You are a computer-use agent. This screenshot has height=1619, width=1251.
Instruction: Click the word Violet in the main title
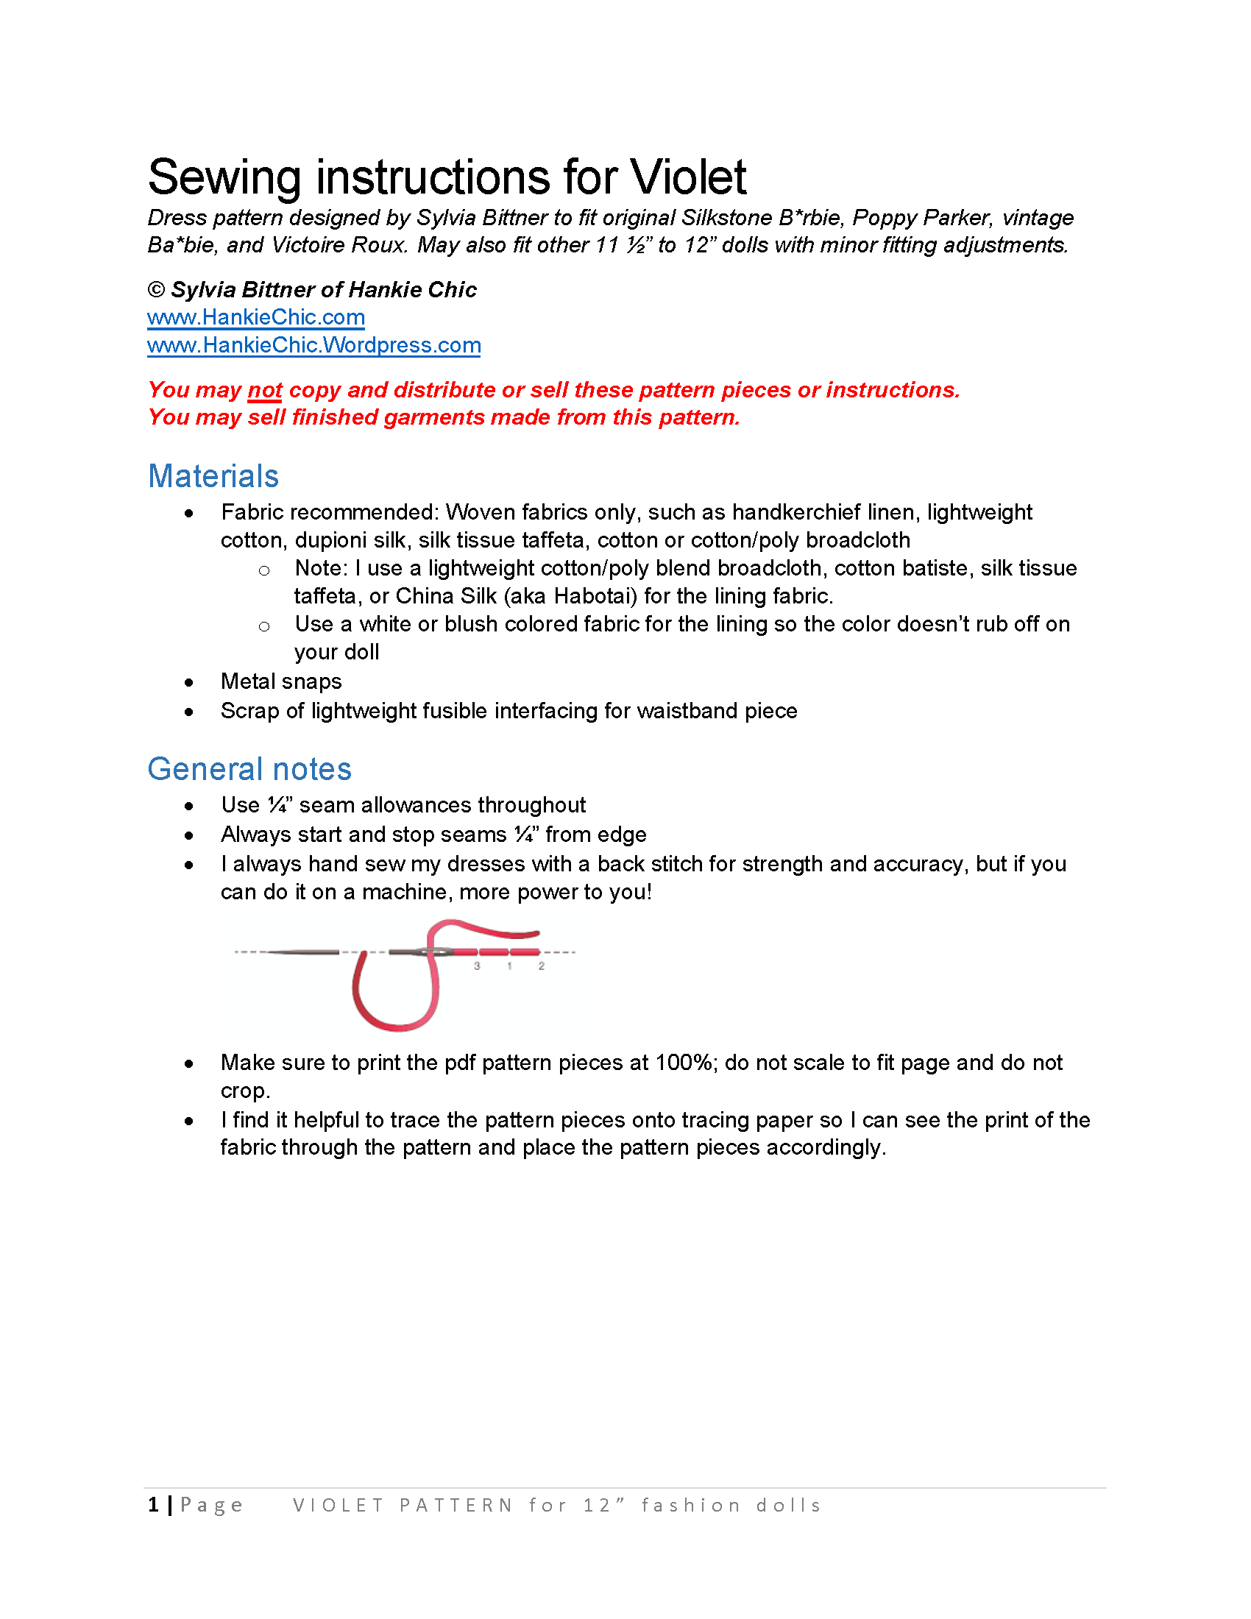[x=688, y=178]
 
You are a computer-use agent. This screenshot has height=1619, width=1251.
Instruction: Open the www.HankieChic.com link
[x=255, y=317]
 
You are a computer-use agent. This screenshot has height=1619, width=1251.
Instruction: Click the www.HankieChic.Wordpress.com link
[x=313, y=345]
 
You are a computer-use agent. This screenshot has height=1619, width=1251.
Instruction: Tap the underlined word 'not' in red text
[x=265, y=390]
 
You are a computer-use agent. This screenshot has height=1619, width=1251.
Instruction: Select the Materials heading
[x=213, y=476]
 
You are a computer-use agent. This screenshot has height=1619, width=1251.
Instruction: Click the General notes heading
[x=249, y=769]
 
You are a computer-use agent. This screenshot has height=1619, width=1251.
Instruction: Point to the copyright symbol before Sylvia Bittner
[x=155, y=290]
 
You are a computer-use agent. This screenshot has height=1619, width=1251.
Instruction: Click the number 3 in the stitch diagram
[x=478, y=966]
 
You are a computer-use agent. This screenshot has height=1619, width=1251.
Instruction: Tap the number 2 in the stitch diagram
[x=542, y=966]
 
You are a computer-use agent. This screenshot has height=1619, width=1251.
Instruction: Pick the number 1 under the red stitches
[x=509, y=966]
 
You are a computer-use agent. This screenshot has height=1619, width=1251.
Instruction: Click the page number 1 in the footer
[x=153, y=1505]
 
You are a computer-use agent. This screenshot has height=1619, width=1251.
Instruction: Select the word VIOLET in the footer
[x=338, y=1506]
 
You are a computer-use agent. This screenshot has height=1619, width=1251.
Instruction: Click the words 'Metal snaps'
[x=281, y=681]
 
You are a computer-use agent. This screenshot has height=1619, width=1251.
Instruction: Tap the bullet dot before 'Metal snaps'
[x=189, y=683]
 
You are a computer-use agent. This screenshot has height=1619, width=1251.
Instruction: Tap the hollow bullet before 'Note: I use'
[x=264, y=571]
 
